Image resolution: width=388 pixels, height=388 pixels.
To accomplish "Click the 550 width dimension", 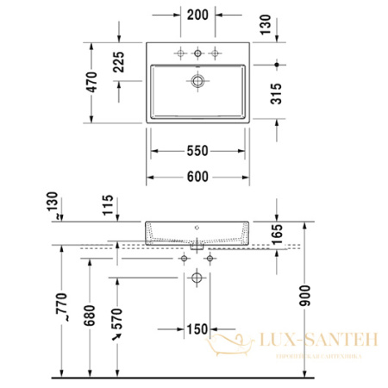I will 197,152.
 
